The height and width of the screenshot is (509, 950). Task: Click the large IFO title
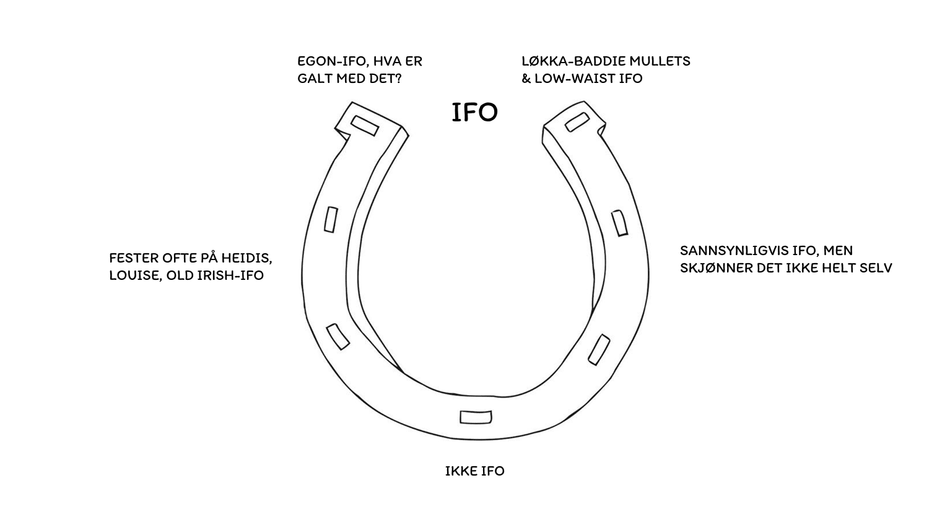pos(474,113)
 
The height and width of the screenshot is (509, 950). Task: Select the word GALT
pos(315,79)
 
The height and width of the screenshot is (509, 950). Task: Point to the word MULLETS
pos(660,61)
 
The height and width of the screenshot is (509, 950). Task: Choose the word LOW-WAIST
pos(575,79)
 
